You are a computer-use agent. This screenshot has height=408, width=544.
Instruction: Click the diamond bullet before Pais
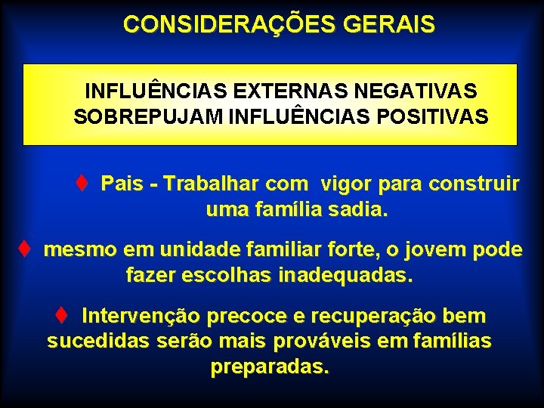[83, 184]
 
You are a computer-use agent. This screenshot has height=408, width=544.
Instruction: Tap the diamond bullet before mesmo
[25, 249]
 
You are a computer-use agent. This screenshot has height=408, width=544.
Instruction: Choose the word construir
[474, 184]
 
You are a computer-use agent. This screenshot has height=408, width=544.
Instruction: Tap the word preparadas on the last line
[270, 367]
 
